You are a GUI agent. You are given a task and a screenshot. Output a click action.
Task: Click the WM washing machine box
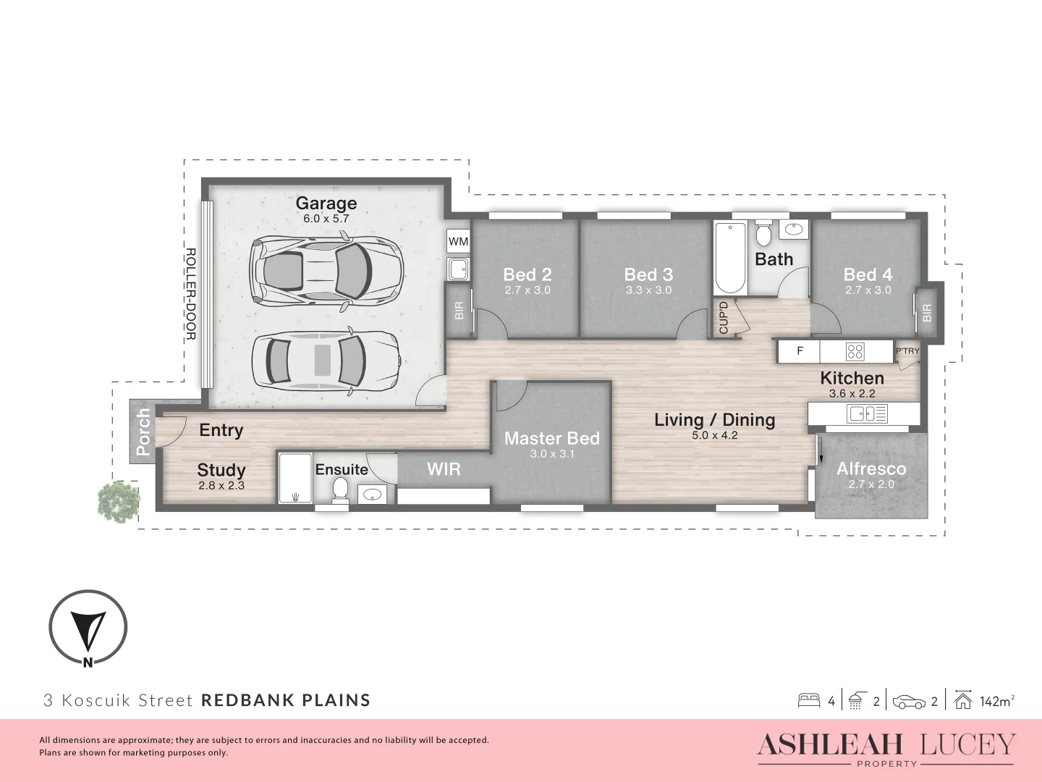(x=458, y=241)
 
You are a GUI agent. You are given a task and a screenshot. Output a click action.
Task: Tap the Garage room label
(x=326, y=203)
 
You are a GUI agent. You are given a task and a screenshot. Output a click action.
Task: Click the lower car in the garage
(x=326, y=361)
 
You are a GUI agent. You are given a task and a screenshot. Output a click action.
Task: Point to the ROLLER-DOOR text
(x=191, y=294)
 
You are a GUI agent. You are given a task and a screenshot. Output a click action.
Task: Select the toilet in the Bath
(x=763, y=235)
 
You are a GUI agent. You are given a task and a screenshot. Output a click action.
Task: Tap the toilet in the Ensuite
(x=340, y=490)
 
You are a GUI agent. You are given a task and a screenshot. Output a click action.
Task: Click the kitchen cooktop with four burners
(x=855, y=352)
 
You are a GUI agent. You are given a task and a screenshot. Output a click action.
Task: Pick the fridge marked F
(x=800, y=351)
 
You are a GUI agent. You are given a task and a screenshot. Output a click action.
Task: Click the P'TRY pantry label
(x=907, y=351)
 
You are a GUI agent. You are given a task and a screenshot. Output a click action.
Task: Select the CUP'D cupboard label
(x=724, y=317)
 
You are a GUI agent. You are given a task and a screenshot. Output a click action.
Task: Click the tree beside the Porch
(x=119, y=500)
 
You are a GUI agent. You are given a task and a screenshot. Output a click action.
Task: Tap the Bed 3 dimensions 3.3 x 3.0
(x=648, y=290)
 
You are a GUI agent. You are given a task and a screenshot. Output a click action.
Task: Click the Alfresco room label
(x=871, y=468)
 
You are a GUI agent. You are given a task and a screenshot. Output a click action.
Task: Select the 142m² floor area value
(x=996, y=701)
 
